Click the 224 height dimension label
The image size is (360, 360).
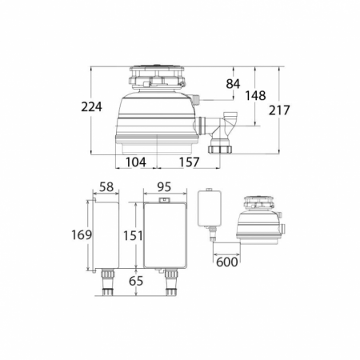point(91,107)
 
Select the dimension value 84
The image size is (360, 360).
point(233,84)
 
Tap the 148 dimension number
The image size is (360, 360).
point(255,95)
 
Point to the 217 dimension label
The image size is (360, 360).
point(279,110)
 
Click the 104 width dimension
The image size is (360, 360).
point(136,162)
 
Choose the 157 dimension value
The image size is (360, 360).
point(189,162)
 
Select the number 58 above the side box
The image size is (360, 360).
point(106,187)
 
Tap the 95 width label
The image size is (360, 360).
point(164,187)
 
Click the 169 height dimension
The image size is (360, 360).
point(82,235)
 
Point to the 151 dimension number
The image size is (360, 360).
point(133,235)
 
